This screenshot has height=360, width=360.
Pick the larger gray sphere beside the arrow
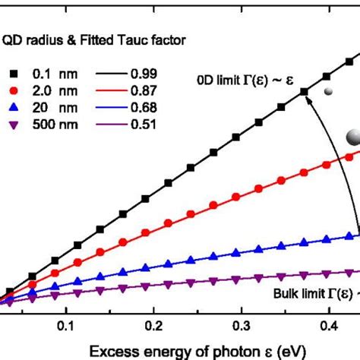[353, 137]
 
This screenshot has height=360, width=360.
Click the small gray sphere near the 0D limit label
[328, 92]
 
